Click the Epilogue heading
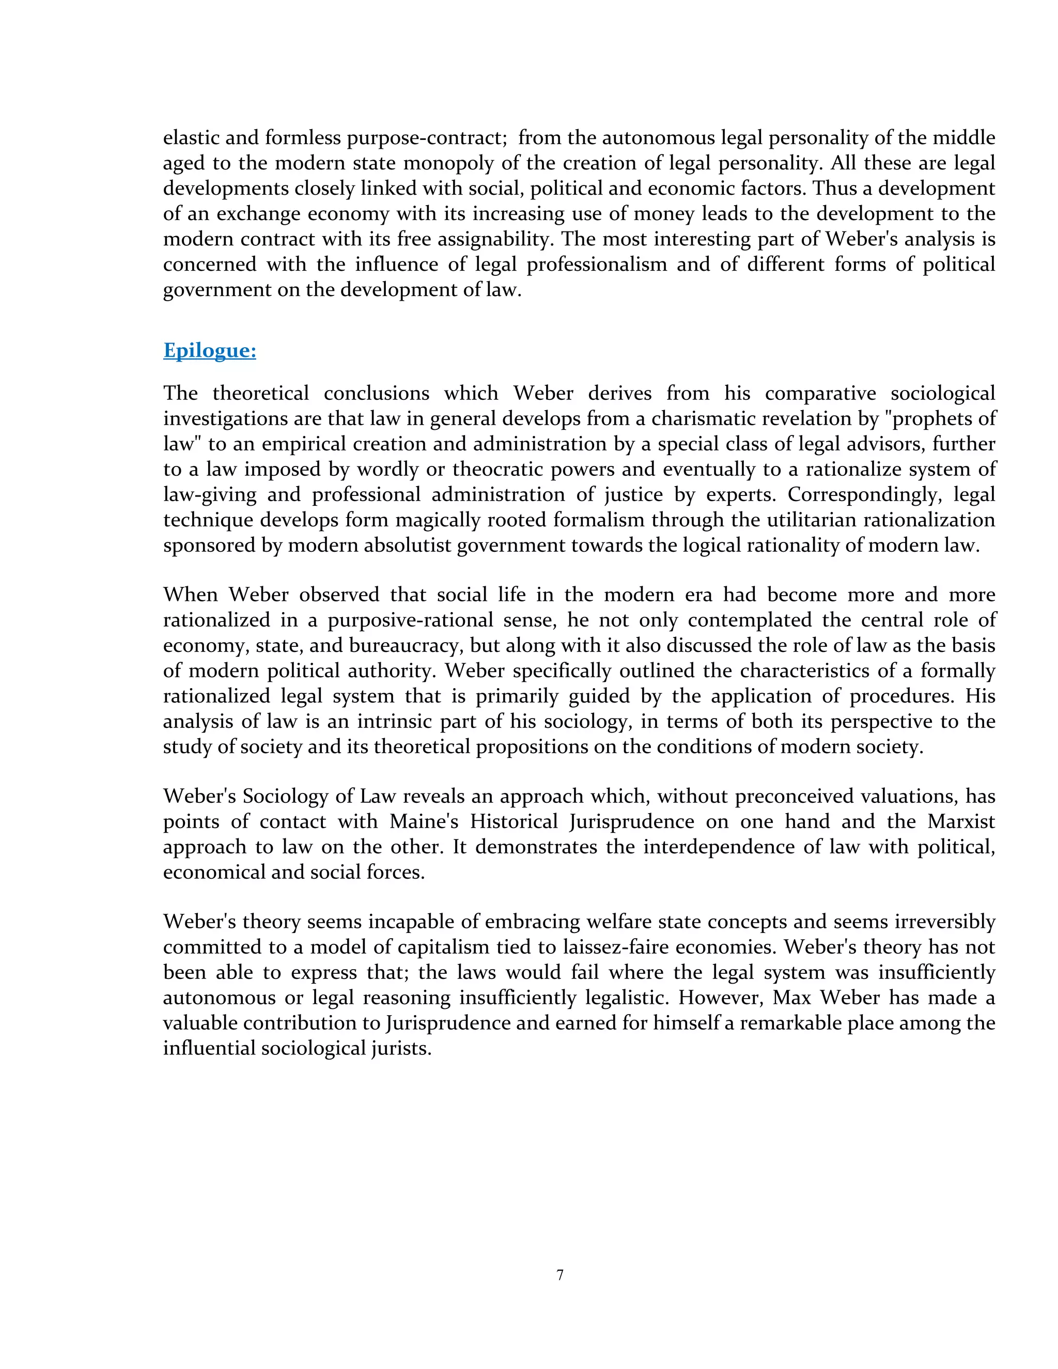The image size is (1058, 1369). pyautogui.click(x=209, y=350)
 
